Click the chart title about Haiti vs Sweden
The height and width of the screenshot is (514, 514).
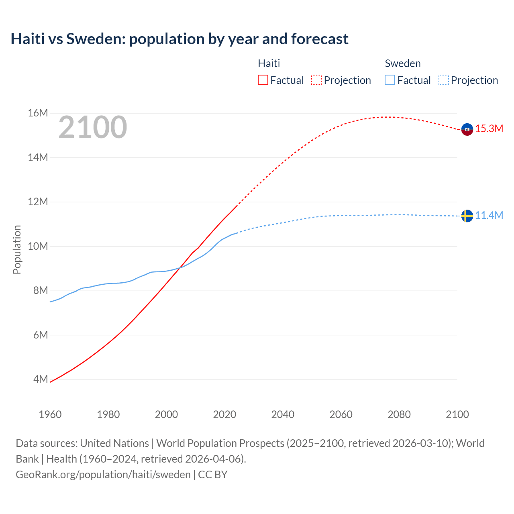pyautogui.click(x=179, y=39)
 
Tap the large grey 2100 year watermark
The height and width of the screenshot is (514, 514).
pyautogui.click(x=93, y=127)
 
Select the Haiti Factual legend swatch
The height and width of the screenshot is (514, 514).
pyautogui.click(x=263, y=80)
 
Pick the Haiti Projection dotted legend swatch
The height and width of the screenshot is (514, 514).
pyautogui.click(x=316, y=80)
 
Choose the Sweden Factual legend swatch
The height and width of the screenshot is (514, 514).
pyautogui.click(x=390, y=80)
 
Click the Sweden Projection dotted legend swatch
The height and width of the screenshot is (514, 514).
pyautogui.click(x=444, y=80)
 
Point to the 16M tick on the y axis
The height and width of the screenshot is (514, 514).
pyautogui.click(x=38, y=113)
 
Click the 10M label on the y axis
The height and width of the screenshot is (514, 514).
pyautogui.click(x=38, y=246)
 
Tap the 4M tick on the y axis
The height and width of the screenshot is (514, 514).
pyautogui.click(x=40, y=379)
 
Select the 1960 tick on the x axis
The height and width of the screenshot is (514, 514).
pyautogui.click(x=50, y=414)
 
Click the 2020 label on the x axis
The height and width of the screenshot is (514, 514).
pyautogui.click(x=224, y=414)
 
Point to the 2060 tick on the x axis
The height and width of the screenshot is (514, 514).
pyautogui.click(x=341, y=414)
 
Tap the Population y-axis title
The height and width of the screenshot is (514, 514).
pyautogui.click(x=17, y=249)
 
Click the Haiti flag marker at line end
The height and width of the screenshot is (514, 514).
pyautogui.click(x=467, y=129)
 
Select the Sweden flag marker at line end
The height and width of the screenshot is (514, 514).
pyautogui.click(x=467, y=216)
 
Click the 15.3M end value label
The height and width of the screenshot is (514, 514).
pyautogui.click(x=489, y=129)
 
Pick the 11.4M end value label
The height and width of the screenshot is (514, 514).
pyautogui.click(x=489, y=216)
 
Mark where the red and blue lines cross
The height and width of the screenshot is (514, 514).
pyautogui.click(x=179, y=268)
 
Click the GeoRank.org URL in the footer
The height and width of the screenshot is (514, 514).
pyautogui.click(x=103, y=475)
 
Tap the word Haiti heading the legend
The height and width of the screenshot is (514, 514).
pyautogui.click(x=269, y=63)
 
